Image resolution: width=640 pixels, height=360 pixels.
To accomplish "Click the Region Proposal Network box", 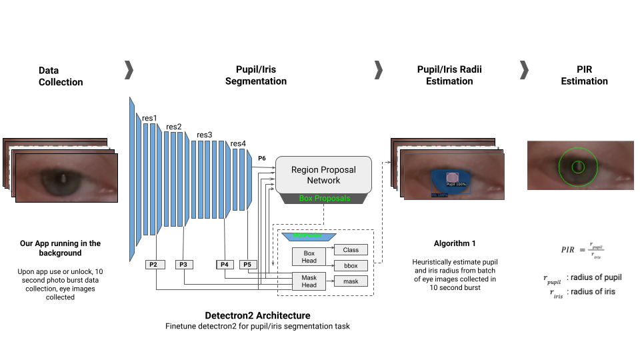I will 323,175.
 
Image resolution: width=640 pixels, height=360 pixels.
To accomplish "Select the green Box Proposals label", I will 324,198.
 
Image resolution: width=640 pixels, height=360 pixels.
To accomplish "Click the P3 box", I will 185,265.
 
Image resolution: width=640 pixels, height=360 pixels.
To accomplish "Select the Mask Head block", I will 309,281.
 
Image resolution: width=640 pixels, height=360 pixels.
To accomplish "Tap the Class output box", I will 351,250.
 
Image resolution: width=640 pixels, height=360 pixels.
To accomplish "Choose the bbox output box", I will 351,265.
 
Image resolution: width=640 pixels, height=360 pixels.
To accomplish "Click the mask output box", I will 351,281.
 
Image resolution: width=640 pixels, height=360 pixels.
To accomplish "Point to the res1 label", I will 149,119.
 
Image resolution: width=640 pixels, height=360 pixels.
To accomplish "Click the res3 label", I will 204,135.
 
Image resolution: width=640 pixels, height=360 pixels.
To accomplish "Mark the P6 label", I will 262,158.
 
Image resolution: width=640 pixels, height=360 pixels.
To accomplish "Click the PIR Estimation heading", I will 584,75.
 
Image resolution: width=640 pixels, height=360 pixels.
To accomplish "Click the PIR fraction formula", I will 583,250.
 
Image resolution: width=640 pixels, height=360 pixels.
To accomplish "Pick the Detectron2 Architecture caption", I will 257,315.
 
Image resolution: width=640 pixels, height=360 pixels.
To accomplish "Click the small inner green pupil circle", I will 578,167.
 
